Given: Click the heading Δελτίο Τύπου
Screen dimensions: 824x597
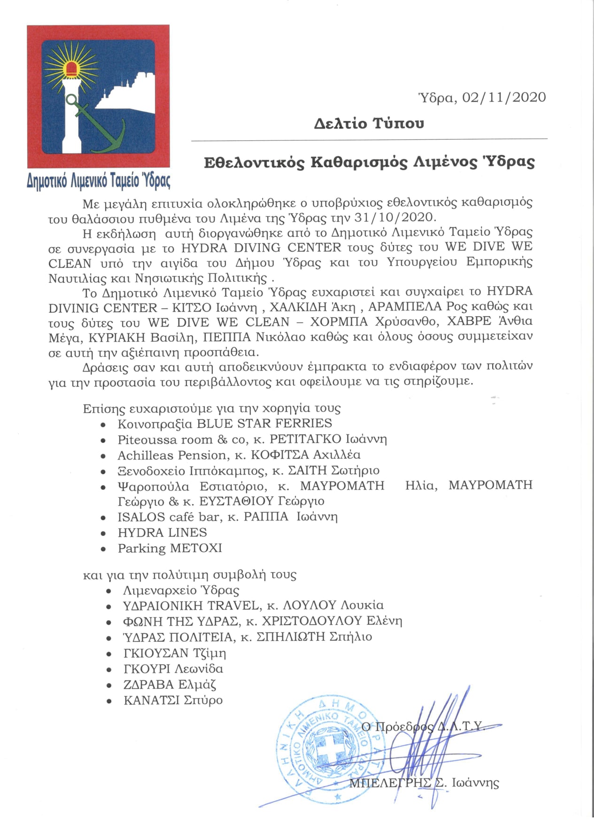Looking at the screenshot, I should [x=369, y=124].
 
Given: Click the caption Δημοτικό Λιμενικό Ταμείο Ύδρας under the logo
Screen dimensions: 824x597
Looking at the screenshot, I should [x=99, y=180].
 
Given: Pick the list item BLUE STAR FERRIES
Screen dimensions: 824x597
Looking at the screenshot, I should [x=264, y=423].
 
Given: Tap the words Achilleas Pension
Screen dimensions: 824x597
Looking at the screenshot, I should [x=171, y=455].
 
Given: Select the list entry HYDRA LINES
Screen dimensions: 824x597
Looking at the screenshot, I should [x=162, y=533].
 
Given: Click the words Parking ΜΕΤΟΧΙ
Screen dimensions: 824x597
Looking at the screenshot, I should [x=170, y=548].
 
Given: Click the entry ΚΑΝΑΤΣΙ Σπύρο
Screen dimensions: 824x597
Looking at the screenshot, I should [x=173, y=700].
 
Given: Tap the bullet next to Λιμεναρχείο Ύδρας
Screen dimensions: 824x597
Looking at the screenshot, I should [x=109, y=591].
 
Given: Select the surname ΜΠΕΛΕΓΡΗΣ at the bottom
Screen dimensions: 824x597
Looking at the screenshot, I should [x=390, y=783].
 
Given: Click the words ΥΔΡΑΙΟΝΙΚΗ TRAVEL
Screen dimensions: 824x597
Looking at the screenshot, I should [x=191, y=606].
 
